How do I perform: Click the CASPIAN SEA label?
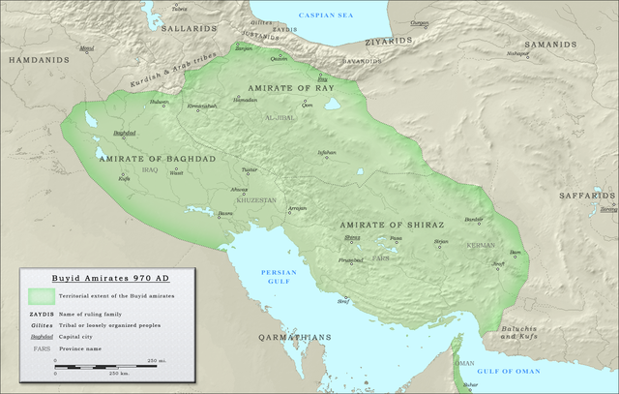326,15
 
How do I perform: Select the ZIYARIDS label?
389,43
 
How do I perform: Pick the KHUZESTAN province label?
256,199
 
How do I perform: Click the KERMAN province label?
480,246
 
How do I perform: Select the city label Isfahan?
328,152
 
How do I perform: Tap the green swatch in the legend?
42,295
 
